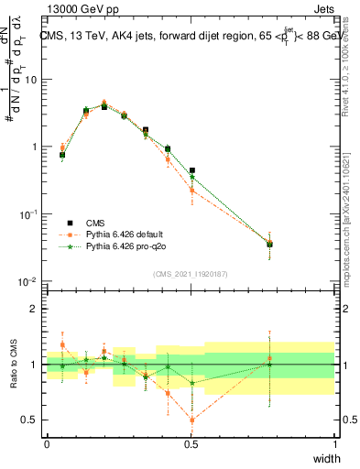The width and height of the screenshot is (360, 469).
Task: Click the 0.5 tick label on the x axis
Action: [x=191, y=444]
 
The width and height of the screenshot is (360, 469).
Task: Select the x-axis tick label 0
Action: [x=48, y=444]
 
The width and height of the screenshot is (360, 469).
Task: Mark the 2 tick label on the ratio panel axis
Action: [x=38, y=309]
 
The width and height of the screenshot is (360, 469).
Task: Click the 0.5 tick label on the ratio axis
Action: [x=33, y=420]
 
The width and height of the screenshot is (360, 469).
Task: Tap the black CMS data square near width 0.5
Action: [x=192, y=170]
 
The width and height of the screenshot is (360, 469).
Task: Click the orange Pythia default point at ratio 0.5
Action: [x=192, y=420]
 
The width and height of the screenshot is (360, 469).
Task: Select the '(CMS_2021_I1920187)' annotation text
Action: [x=191, y=273]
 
